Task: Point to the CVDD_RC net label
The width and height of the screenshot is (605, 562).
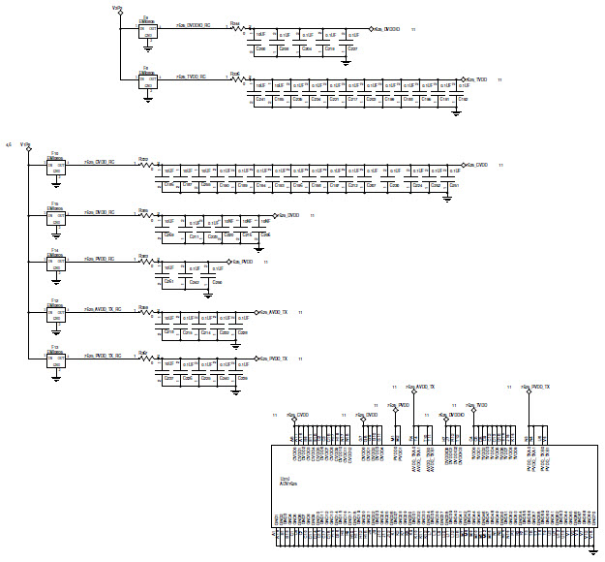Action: tap(101, 163)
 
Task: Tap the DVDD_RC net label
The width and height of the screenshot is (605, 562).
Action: tap(101, 212)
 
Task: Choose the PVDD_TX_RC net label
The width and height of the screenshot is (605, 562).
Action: tap(104, 356)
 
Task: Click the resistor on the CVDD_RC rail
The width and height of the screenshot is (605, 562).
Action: tap(145, 166)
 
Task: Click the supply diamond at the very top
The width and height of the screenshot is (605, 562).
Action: tap(119, 13)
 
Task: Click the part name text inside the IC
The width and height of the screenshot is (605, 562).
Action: tap(288, 481)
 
